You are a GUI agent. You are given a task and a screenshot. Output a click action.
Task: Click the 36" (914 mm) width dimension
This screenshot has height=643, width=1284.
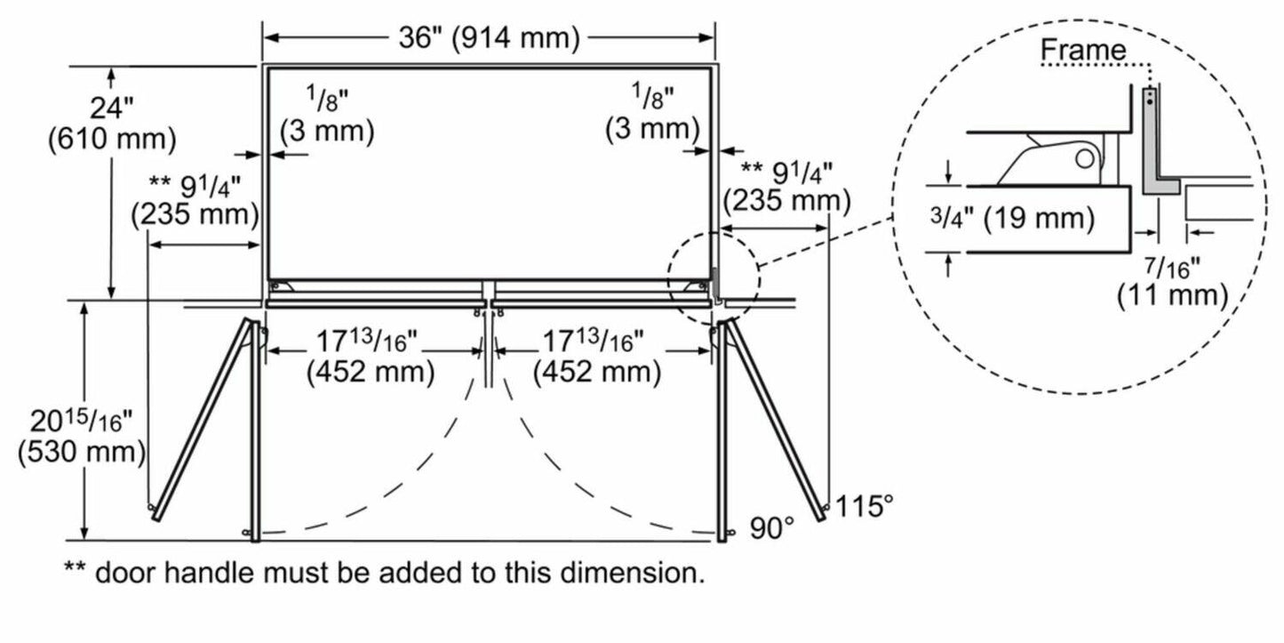pyautogui.click(x=489, y=37)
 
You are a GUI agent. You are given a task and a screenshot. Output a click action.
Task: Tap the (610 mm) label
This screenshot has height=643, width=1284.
pyautogui.click(x=112, y=140)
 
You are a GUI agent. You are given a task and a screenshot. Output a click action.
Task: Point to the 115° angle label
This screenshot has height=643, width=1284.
pyautogui.click(x=864, y=507)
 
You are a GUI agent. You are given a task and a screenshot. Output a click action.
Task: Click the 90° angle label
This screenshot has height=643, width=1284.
pyautogui.click(x=770, y=528)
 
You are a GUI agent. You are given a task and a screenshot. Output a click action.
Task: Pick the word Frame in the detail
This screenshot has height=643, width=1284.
pyautogui.click(x=1082, y=51)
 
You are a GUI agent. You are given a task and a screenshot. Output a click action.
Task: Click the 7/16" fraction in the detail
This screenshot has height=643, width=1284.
pyautogui.click(x=1172, y=265)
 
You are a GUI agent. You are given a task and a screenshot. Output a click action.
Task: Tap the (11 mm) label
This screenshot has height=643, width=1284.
pyautogui.click(x=1172, y=294)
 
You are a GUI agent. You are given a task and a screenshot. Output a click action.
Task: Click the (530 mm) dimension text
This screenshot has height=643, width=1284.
pyautogui.click(x=82, y=451)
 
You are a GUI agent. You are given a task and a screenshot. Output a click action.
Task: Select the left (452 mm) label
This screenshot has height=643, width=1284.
pyautogui.click(x=371, y=372)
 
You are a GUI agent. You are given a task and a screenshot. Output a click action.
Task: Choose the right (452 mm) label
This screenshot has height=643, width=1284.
pyautogui.click(x=597, y=372)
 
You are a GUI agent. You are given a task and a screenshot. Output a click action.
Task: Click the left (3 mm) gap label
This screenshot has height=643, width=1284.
pyautogui.click(x=327, y=131)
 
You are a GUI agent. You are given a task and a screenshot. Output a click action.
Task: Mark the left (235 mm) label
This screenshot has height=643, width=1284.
pyautogui.click(x=195, y=215)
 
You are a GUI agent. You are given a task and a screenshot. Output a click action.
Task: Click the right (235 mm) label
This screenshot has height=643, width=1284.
pyautogui.click(x=786, y=200)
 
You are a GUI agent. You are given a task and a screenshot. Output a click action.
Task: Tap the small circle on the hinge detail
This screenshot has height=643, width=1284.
pyautogui.click(x=1084, y=160)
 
